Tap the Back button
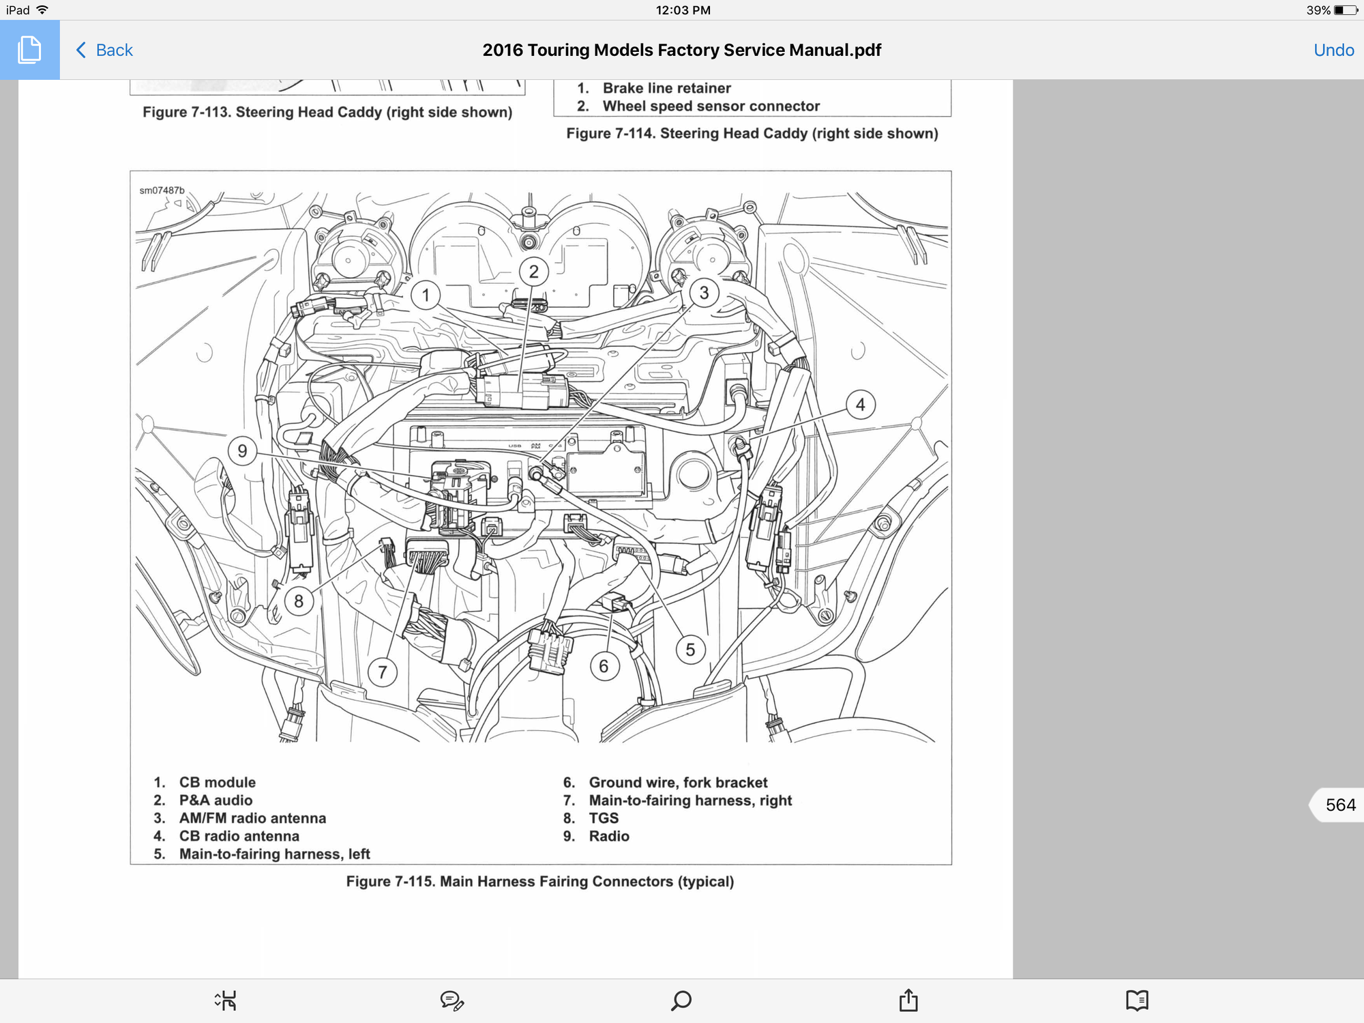click(x=104, y=50)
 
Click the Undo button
click(x=1333, y=50)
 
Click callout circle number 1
click(x=426, y=295)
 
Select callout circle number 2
click(x=533, y=272)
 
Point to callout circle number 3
click(x=704, y=293)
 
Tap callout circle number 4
click(x=860, y=405)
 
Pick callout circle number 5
click(x=690, y=649)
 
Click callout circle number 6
click(x=604, y=666)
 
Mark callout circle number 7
click(x=382, y=672)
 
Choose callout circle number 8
click(x=298, y=601)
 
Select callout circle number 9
click(x=242, y=450)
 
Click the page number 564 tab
click(x=1339, y=805)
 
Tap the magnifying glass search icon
click(x=681, y=1000)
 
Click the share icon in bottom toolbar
click(x=908, y=1000)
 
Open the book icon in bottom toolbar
click(x=1137, y=1000)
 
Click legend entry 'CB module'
click(x=217, y=782)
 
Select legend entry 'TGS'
click(x=604, y=818)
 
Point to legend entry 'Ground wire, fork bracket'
click(x=678, y=782)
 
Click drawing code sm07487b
click(x=162, y=190)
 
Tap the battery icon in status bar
click(x=1346, y=10)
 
